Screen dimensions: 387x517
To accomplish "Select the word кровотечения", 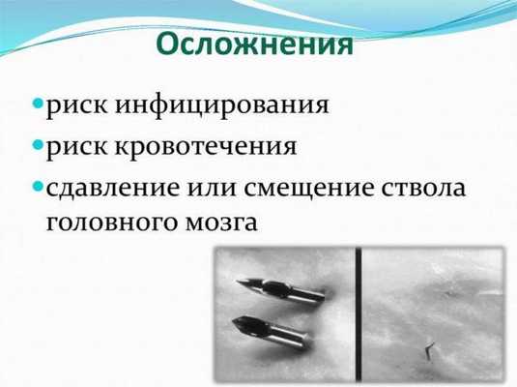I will click(x=224, y=148).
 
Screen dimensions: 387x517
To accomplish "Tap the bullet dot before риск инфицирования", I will click(x=38, y=102).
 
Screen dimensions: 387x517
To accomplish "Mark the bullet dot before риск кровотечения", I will click(x=38, y=146).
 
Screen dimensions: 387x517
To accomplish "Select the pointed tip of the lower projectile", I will click(x=233, y=321).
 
